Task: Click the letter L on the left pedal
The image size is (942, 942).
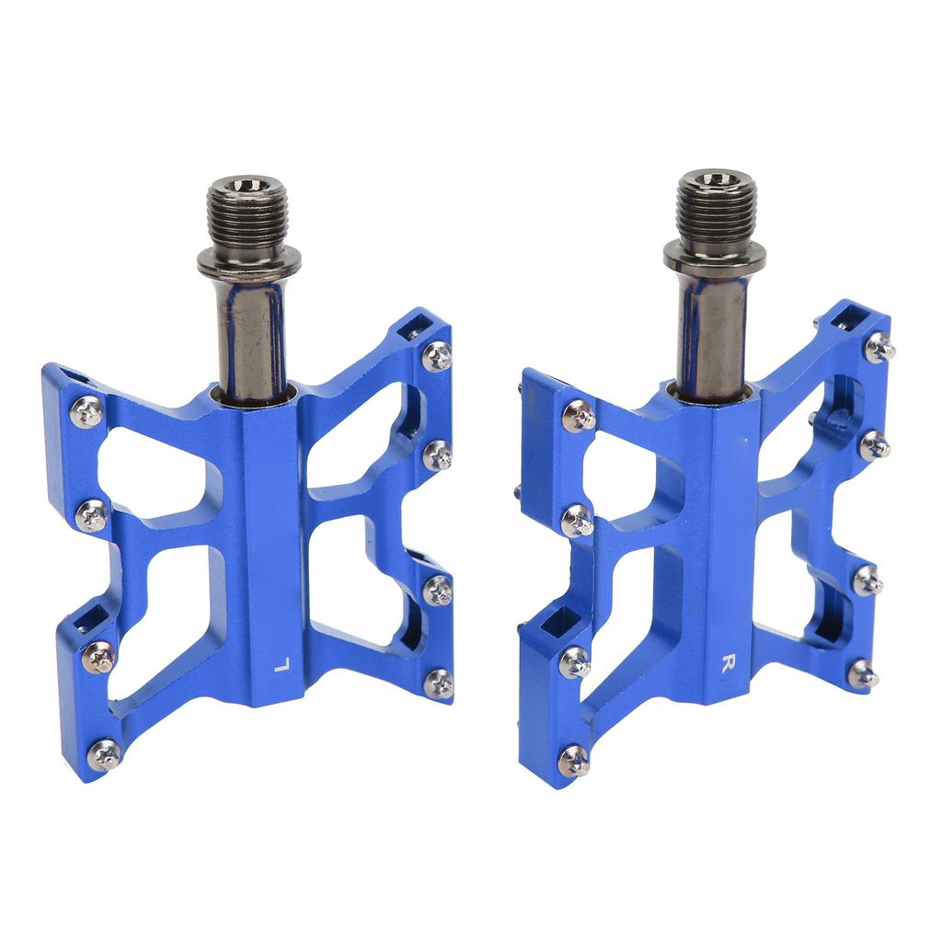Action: coord(281,665)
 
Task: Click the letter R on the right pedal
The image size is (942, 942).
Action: coord(729,663)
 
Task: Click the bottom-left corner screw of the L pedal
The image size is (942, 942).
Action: coord(104,755)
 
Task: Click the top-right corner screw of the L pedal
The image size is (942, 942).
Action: coord(437,357)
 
